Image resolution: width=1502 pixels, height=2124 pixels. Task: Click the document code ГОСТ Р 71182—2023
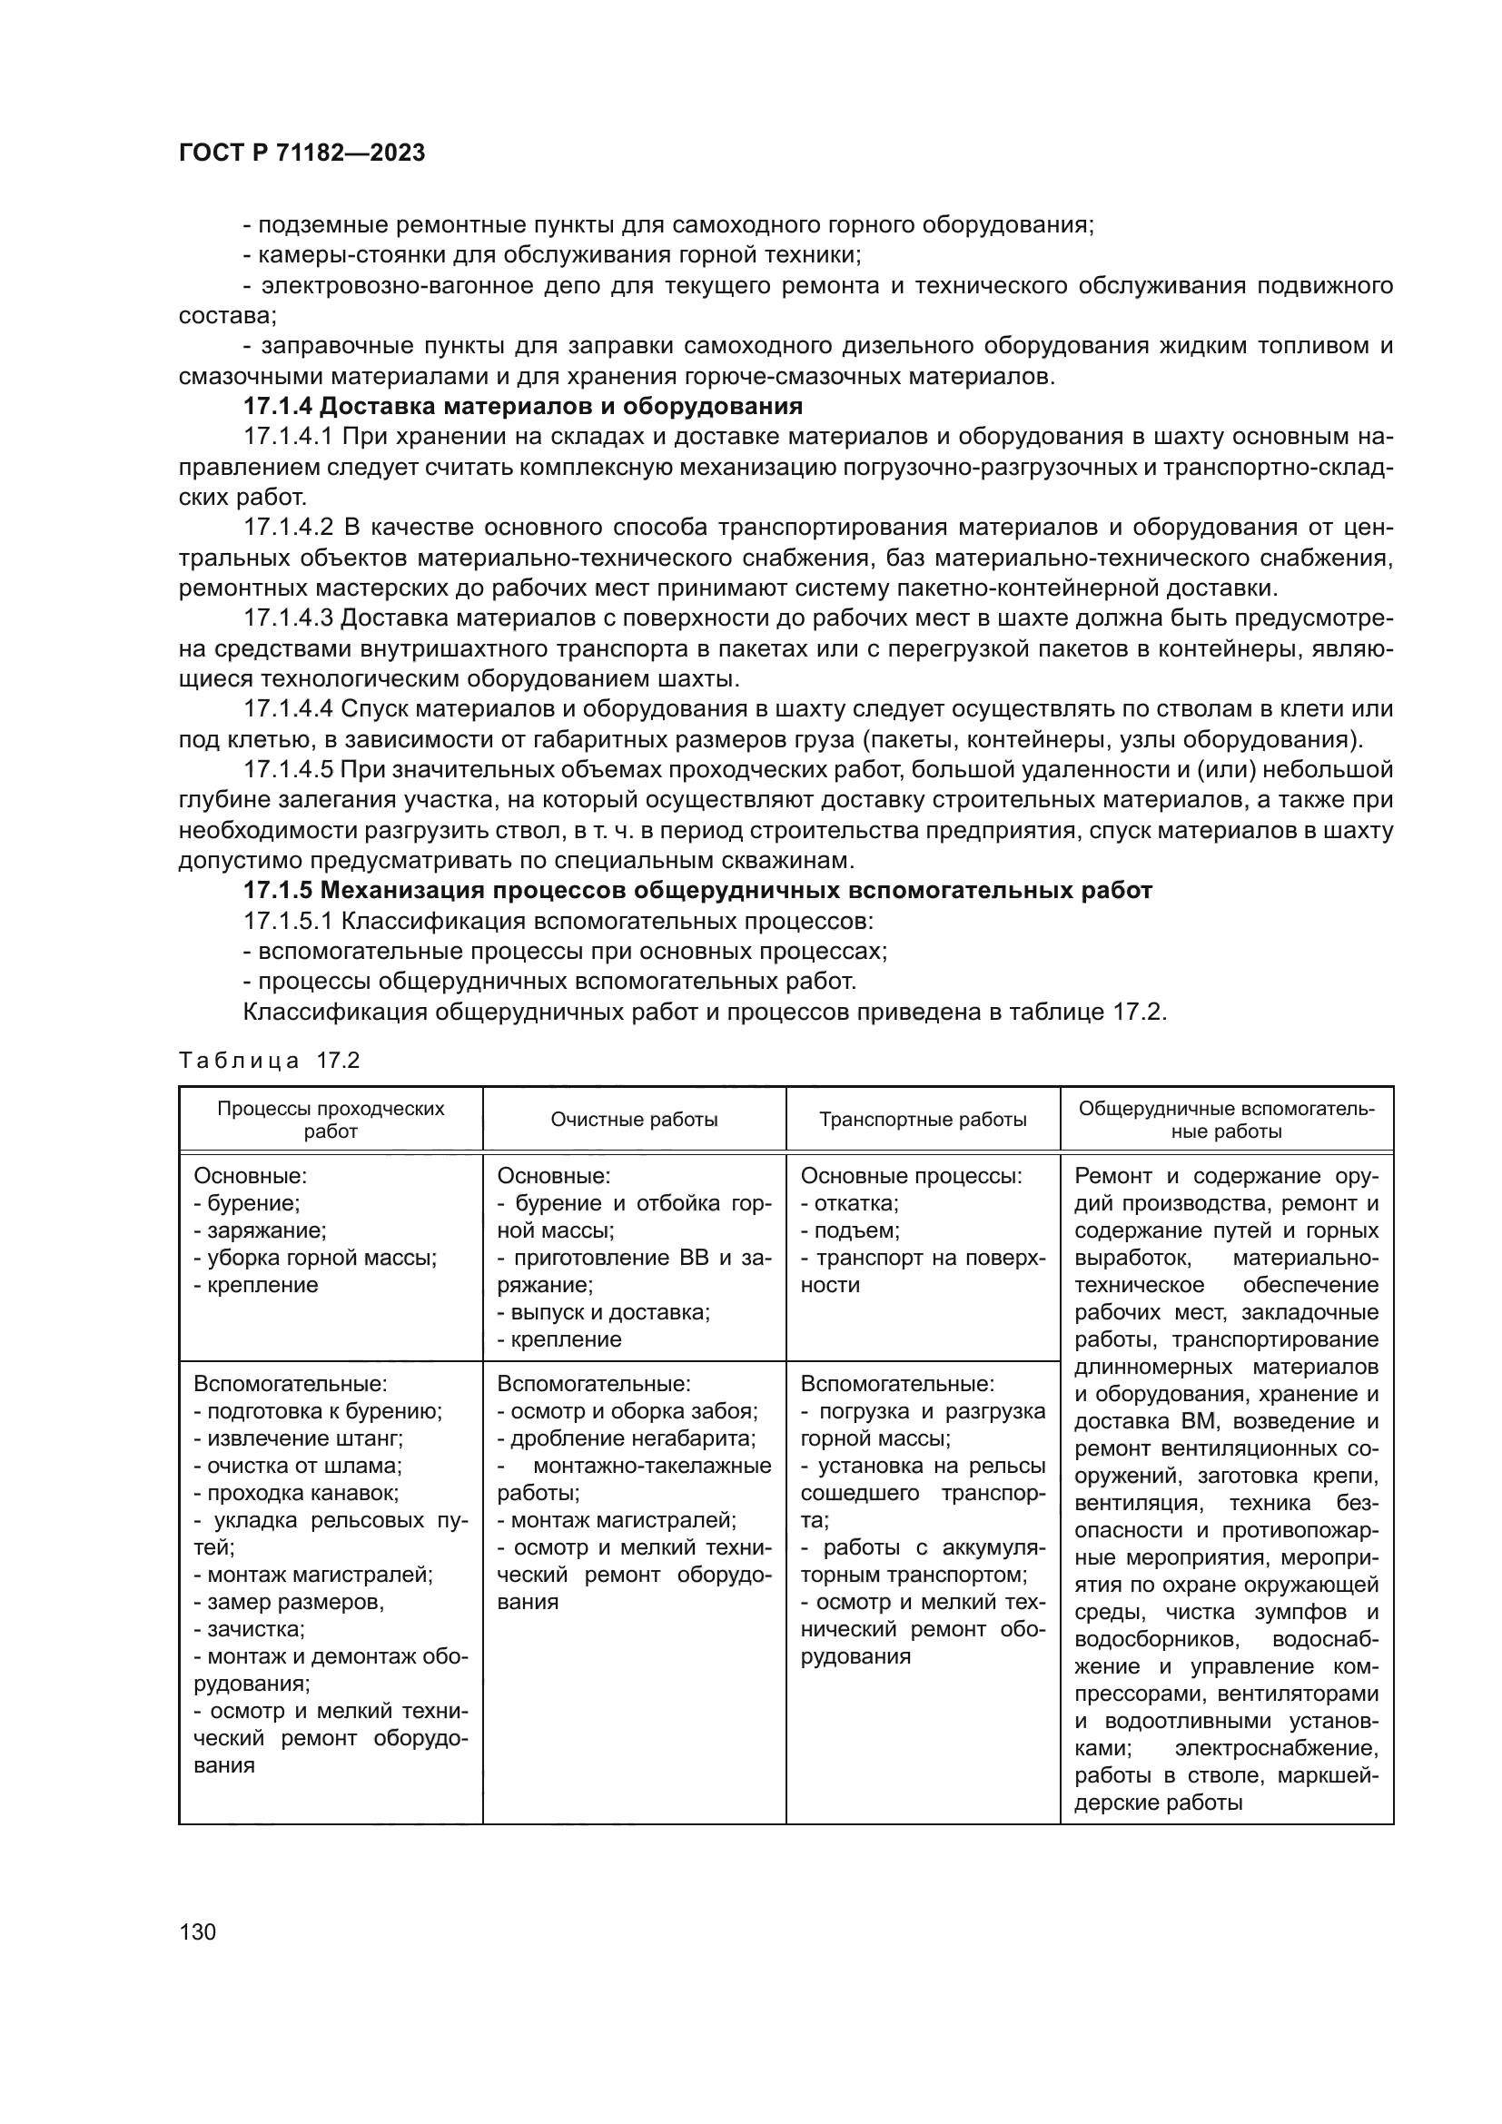(301, 153)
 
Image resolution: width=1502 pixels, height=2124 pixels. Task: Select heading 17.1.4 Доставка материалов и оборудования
(522, 406)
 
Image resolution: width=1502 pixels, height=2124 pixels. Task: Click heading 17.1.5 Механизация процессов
(697, 891)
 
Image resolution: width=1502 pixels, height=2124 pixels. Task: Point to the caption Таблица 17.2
(269, 1060)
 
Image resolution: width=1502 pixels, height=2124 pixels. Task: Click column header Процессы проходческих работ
(331, 1120)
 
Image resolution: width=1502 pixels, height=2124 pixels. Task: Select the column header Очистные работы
(634, 1120)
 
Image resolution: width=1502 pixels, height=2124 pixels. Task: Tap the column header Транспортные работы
(922, 1120)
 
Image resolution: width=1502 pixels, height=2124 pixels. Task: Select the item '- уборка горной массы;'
(315, 1257)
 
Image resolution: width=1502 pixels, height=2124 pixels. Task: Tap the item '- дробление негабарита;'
(627, 1438)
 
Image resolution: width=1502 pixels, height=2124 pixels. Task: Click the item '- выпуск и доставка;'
(603, 1312)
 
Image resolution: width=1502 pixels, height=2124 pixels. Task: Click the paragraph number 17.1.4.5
(288, 770)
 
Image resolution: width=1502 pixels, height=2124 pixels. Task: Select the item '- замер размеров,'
(289, 1601)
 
